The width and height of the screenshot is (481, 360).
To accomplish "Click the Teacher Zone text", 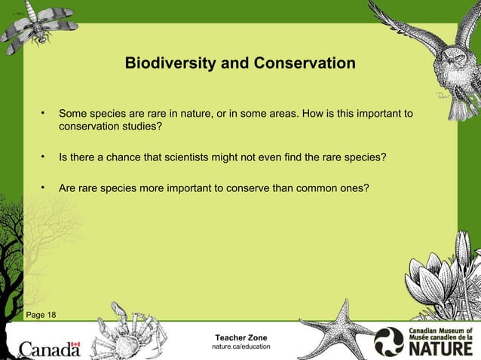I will click(240, 336).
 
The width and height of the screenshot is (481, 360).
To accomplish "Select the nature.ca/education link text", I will click(240, 346).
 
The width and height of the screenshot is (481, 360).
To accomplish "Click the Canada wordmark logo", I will click(49, 349).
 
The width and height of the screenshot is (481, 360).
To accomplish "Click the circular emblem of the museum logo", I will click(390, 341).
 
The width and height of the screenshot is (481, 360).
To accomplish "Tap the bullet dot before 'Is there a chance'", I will click(44, 157).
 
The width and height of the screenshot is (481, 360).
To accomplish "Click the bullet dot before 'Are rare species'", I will click(44, 187).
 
